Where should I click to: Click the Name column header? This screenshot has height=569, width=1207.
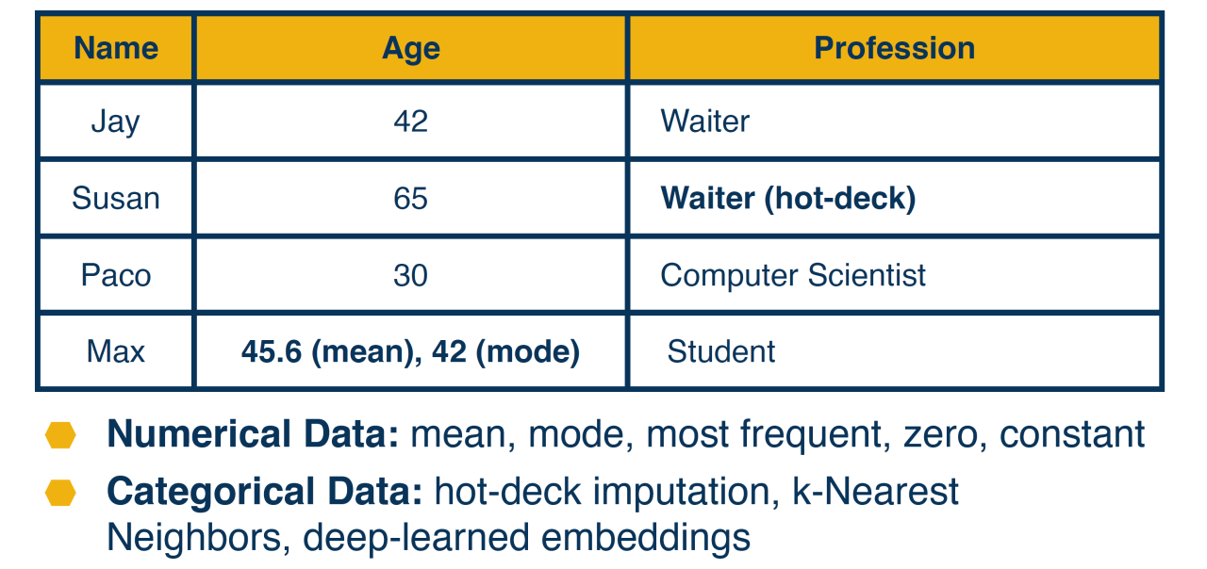pyautogui.click(x=116, y=48)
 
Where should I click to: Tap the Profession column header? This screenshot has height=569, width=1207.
pyautogui.click(x=895, y=48)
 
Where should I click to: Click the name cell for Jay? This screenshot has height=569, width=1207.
pyautogui.click(x=116, y=122)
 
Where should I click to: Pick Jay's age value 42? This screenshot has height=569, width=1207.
pyautogui.click(x=410, y=122)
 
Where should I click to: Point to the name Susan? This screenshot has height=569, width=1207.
pyautogui.click(x=116, y=198)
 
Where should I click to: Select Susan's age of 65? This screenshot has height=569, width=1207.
pyautogui.click(x=410, y=198)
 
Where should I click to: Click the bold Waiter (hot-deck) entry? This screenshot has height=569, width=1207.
pyautogui.click(x=788, y=199)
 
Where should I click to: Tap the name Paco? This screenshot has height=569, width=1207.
pyautogui.click(x=116, y=275)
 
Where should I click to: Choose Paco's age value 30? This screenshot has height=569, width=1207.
pyautogui.click(x=410, y=275)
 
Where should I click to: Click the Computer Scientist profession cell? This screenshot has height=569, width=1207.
pyautogui.click(x=793, y=276)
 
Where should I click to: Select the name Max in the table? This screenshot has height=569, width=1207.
pyautogui.click(x=116, y=351)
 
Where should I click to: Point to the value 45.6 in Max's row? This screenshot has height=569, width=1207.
pyautogui.click(x=272, y=351)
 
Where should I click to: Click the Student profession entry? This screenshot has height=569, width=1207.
pyautogui.click(x=721, y=351)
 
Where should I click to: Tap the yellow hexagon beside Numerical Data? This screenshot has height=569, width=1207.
pyautogui.click(x=60, y=435)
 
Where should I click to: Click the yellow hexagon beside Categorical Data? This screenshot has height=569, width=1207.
pyautogui.click(x=60, y=493)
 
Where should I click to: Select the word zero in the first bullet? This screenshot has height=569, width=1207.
pyautogui.click(x=941, y=435)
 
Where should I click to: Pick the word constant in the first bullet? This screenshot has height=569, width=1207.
pyautogui.click(x=1072, y=434)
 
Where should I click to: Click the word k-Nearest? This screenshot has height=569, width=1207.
pyautogui.click(x=875, y=492)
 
